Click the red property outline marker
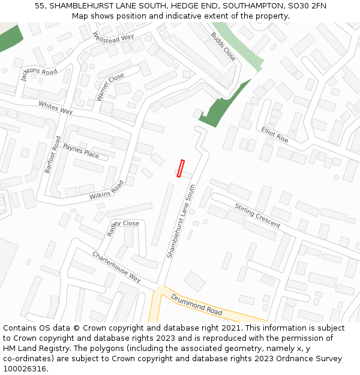(x=181, y=168)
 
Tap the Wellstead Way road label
(x=113, y=37)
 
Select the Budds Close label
(x=223, y=46)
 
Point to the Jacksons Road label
(x=38, y=74)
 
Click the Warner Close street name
(x=110, y=87)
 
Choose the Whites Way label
(x=56, y=108)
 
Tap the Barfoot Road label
(x=53, y=155)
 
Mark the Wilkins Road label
(x=106, y=190)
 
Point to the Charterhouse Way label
(x=116, y=267)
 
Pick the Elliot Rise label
(x=275, y=135)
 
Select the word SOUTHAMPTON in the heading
(x=231, y=5)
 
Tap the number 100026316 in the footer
(x=25, y=368)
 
